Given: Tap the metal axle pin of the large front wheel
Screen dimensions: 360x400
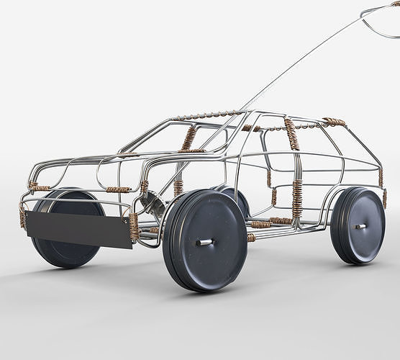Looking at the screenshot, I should point(205,242).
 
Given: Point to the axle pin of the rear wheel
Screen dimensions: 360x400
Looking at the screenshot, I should point(360,226).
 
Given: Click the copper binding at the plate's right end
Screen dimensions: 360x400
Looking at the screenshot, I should point(134,225).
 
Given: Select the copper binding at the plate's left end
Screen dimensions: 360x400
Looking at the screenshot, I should point(22,217).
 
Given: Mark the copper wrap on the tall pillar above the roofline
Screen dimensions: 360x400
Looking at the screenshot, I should point(291,135).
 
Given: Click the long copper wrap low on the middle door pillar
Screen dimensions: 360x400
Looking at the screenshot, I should point(297,197).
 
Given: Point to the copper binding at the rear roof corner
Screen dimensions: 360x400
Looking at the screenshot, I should point(334,122).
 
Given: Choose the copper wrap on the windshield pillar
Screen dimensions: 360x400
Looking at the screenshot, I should point(188,138).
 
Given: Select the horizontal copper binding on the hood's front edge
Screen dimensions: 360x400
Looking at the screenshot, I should point(119,189).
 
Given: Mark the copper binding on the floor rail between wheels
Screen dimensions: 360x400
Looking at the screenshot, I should point(281,220).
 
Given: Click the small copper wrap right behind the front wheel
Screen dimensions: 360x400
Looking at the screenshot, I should point(251,237).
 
